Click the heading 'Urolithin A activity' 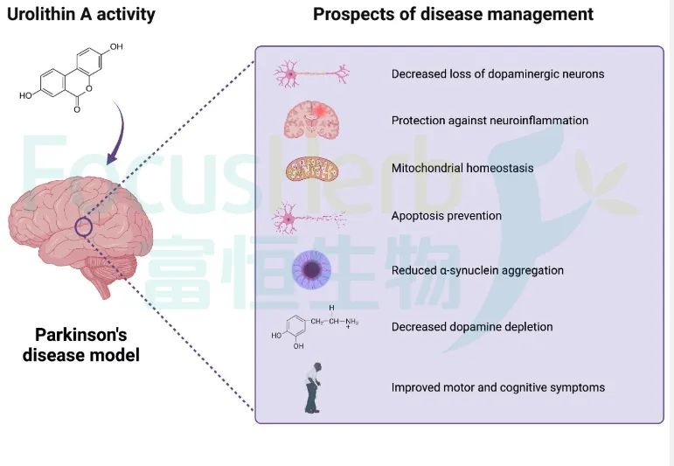81,15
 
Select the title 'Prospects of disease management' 453,15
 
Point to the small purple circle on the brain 83,227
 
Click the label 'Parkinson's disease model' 87,345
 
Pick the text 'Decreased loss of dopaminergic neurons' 497,73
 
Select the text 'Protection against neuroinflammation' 490,121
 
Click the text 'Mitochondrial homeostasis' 462,168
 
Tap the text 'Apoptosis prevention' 446,216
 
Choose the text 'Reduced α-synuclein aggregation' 477,270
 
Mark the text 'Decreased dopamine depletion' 472,327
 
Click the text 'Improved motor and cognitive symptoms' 497,387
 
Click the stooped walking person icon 311,388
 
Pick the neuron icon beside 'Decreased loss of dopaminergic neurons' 312,73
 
